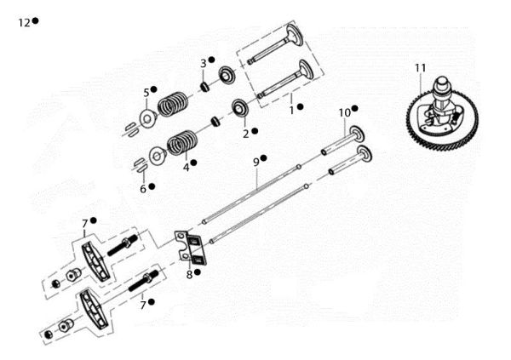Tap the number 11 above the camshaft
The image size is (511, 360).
[419, 67]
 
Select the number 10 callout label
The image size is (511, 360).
[343, 111]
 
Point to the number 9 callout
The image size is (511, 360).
[255, 160]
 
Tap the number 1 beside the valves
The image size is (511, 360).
[290, 108]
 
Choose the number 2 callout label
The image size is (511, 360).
[245, 133]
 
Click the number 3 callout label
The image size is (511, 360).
[203, 62]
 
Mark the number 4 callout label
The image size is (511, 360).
[185, 164]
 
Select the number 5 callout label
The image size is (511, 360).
[146, 91]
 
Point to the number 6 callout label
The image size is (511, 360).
[142, 187]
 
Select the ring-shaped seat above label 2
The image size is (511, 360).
[240, 108]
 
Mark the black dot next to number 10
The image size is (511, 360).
[354, 109]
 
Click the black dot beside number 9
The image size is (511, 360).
[264, 158]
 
